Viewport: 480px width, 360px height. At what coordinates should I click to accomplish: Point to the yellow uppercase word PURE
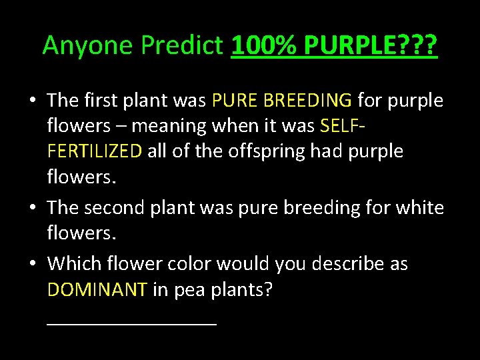(235, 100)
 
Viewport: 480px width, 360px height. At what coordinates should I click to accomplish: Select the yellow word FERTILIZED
(95, 151)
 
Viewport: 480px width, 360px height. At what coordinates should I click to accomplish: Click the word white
(420, 207)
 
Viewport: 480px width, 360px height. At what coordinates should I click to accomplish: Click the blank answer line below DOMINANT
(132, 322)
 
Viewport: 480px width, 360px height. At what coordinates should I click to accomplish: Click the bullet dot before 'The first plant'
(32, 101)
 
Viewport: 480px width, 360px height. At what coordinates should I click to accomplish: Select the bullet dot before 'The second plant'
(32, 208)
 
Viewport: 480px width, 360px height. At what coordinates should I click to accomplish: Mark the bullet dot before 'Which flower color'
(32, 264)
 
